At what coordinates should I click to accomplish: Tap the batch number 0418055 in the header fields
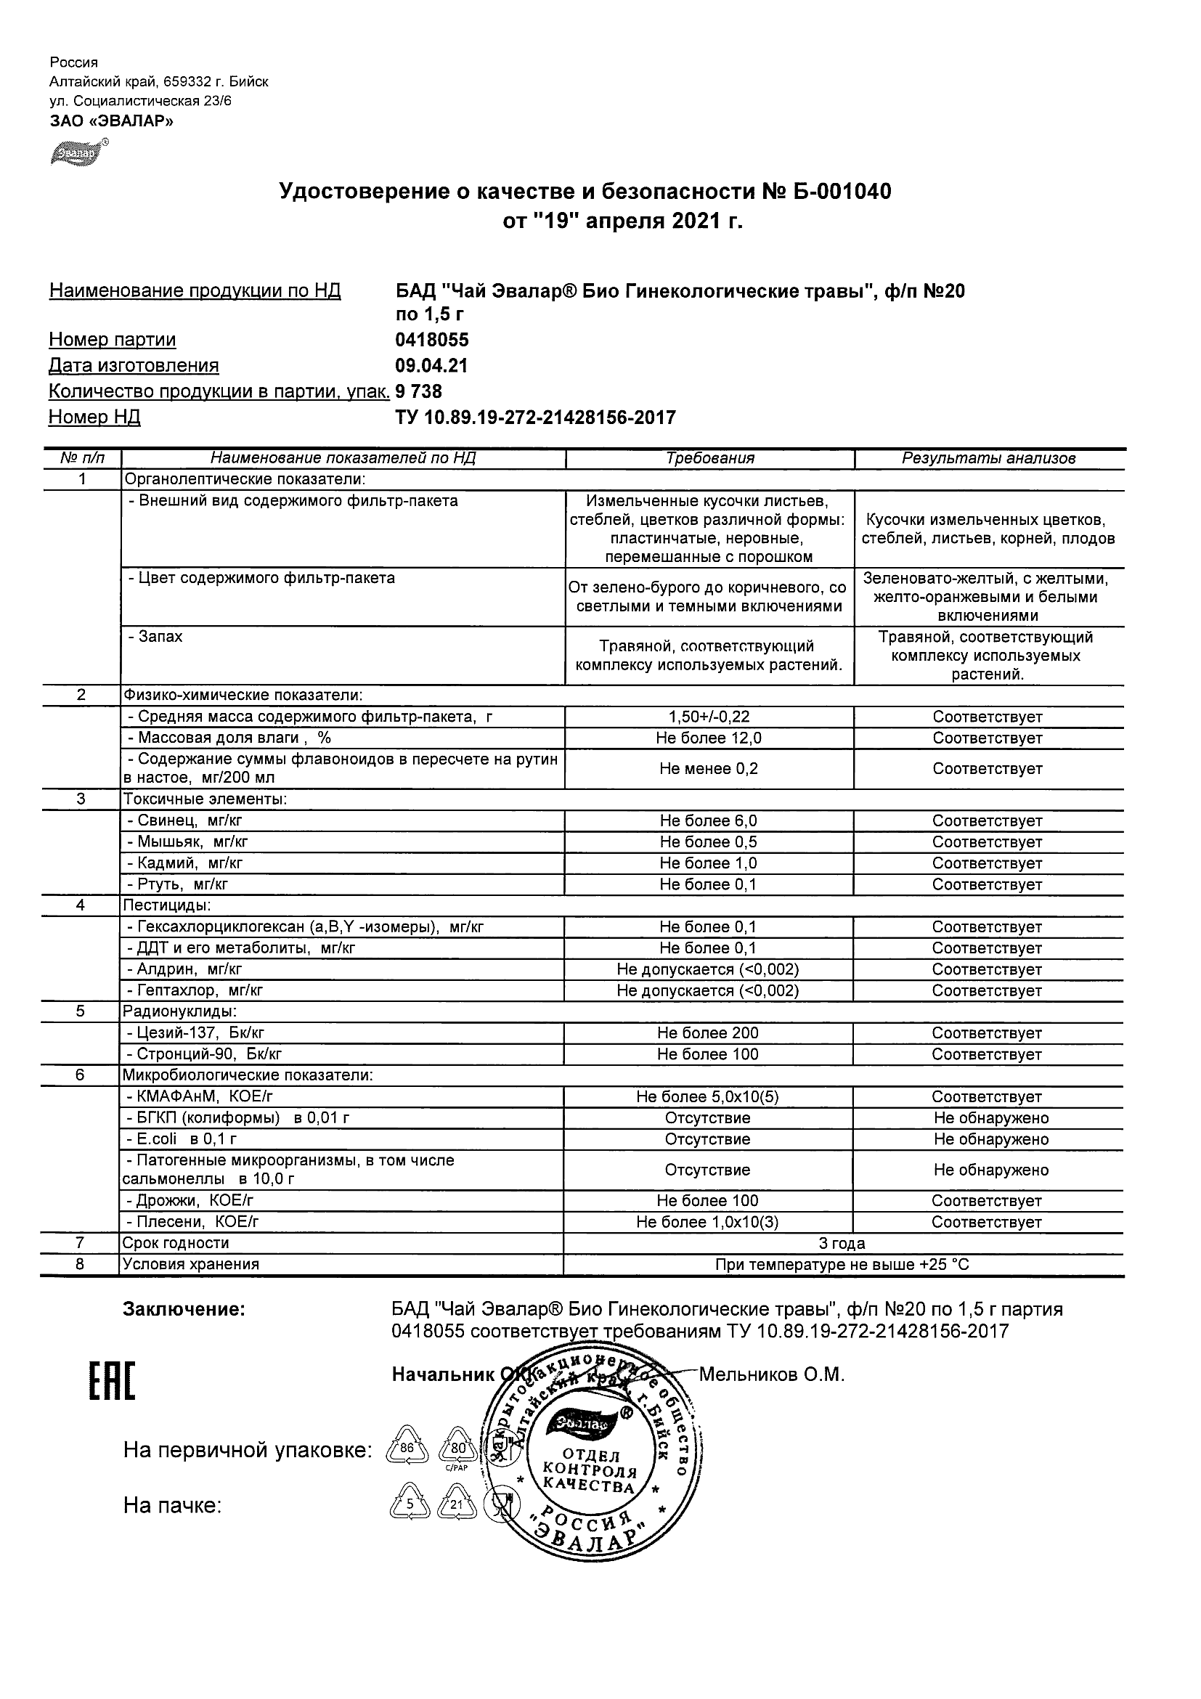[x=432, y=340]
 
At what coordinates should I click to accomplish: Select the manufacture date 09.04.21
[x=431, y=365]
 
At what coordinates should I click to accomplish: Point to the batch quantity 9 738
[x=419, y=391]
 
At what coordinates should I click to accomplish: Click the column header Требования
[x=709, y=459]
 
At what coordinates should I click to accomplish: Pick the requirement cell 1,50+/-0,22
[x=709, y=717]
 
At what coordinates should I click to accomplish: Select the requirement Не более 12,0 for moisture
[x=709, y=738]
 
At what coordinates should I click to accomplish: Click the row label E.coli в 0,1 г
[x=182, y=1140]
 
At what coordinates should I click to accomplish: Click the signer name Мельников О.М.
[x=772, y=1375]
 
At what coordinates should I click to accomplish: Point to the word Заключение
[x=184, y=1309]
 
